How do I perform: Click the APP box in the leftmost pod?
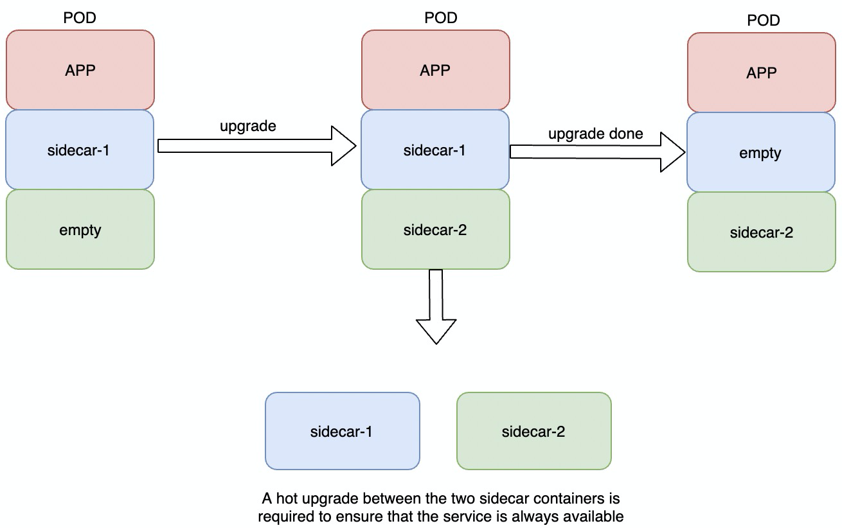pyautogui.click(x=80, y=70)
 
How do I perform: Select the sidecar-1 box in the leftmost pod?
pyautogui.click(x=80, y=150)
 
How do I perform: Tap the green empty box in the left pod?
pyautogui.click(x=80, y=229)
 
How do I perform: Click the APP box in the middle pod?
pyautogui.click(x=435, y=70)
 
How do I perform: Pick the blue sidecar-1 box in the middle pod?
pyautogui.click(x=435, y=150)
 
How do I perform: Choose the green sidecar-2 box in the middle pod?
pyautogui.click(x=435, y=229)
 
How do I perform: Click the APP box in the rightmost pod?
pyautogui.click(x=761, y=73)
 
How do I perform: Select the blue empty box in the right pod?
pyautogui.click(x=761, y=153)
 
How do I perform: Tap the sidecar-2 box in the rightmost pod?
pyautogui.click(x=761, y=233)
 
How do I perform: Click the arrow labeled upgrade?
pyautogui.click(x=257, y=146)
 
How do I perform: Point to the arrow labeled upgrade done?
pyautogui.click(x=598, y=152)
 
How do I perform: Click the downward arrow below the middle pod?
pyautogui.click(x=436, y=308)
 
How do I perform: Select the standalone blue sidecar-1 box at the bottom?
pyautogui.click(x=342, y=431)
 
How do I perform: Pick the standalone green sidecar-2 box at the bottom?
pyautogui.click(x=533, y=431)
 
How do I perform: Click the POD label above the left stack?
pyautogui.click(x=80, y=18)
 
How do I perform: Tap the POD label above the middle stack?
pyautogui.click(x=441, y=18)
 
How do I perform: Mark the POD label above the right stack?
pyautogui.click(x=764, y=21)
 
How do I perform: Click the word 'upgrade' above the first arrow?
pyautogui.click(x=248, y=126)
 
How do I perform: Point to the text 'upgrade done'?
pyautogui.click(x=595, y=134)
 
